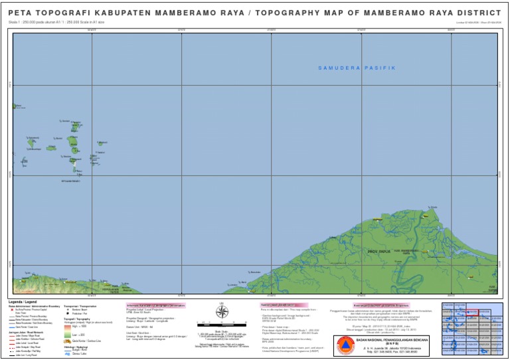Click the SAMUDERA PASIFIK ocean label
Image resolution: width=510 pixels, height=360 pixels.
[x=356, y=68]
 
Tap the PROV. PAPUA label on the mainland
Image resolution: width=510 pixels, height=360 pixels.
[x=380, y=252]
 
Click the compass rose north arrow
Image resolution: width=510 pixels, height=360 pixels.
[x=222, y=312]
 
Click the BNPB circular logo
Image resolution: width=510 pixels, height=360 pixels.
[x=345, y=345]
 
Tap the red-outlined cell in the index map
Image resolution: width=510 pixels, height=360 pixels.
[x=472, y=312]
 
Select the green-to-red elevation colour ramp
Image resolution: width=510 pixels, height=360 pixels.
[x=68, y=331]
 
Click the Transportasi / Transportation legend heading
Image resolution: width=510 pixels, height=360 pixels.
[x=80, y=306]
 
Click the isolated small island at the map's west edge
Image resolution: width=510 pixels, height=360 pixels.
[x=14, y=106]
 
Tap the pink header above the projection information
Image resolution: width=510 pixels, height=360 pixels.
[x=155, y=306]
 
